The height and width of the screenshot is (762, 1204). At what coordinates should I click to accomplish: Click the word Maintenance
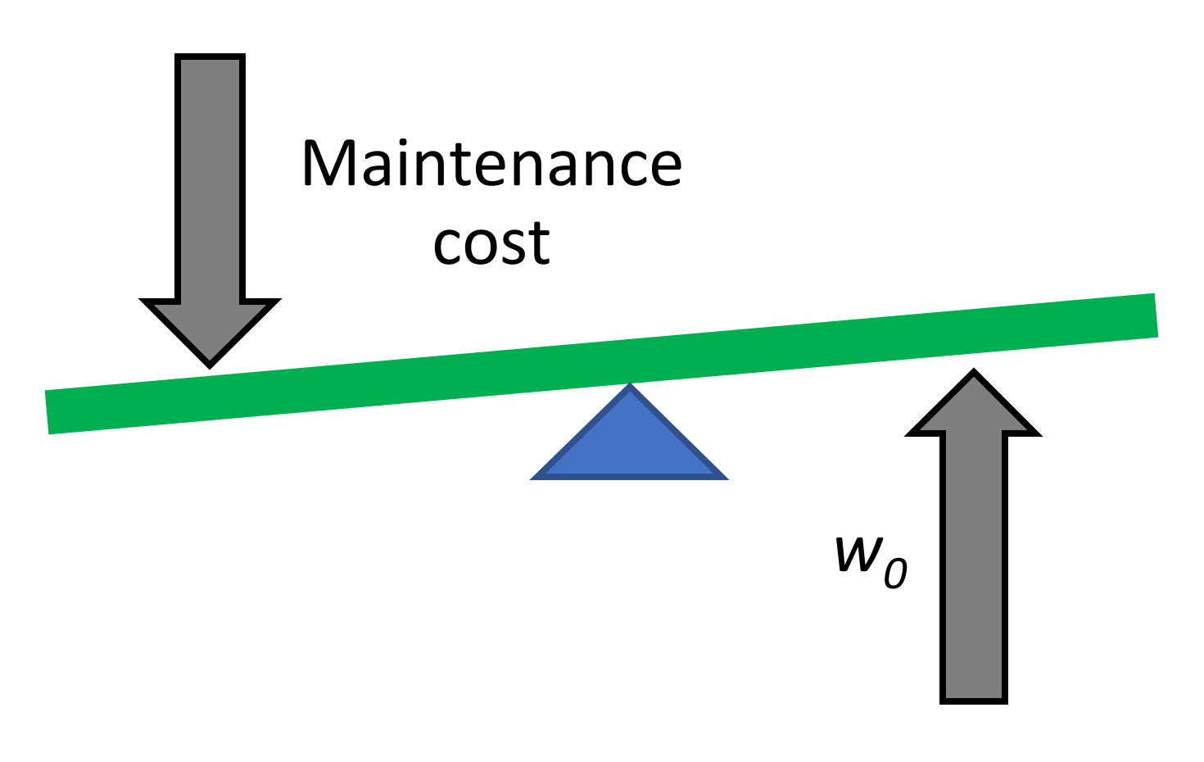pos(491,164)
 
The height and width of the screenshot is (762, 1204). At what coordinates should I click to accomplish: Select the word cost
pos(491,243)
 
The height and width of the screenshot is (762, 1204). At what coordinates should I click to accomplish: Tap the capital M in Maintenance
pos(328,164)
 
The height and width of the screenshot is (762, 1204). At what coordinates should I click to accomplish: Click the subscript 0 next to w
pos(896,572)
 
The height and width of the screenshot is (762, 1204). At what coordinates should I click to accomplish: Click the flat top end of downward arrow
pos(210,57)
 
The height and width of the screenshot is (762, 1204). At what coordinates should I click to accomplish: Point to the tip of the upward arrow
pos(973,373)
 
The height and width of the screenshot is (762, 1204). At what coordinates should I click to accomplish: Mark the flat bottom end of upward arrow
pos(973,701)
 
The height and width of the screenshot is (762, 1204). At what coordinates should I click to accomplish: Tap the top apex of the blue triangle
pos(629,386)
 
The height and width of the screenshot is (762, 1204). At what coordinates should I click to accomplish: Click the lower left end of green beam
pos(49,412)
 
